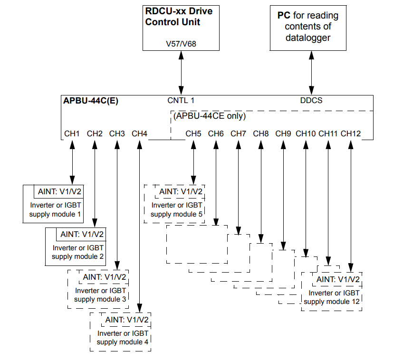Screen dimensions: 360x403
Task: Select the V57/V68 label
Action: pyautogui.click(x=182, y=44)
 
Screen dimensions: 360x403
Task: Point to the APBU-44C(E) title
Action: pyautogui.click(x=91, y=101)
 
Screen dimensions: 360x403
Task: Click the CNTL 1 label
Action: pyautogui.click(x=181, y=101)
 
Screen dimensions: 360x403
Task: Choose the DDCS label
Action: pyautogui.click(x=311, y=101)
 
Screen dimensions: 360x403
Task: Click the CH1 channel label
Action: pyautogui.click(x=72, y=134)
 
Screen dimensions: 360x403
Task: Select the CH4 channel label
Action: pyautogui.click(x=140, y=134)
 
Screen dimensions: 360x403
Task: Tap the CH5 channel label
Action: pyautogui.click(x=193, y=134)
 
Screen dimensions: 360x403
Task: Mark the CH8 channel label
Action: pyautogui.click(x=261, y=134)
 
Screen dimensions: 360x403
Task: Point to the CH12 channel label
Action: pyautogui.click(x=351, y=134)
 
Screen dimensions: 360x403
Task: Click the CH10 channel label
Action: pyautogui.click(x=306, y=134)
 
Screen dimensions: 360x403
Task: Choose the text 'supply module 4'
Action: pyautogui.click(x=122, y=341)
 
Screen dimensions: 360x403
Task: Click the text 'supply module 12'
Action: pyautogui.click(x=332, y=302)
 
